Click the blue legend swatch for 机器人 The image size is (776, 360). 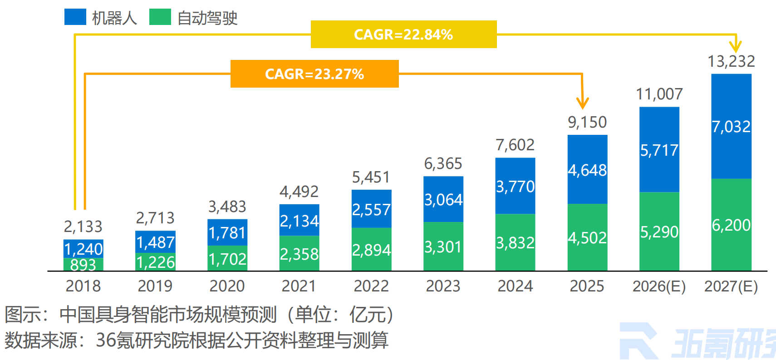[75, 17]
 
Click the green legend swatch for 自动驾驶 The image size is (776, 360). [160, 17]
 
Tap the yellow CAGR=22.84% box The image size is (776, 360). [403, 35]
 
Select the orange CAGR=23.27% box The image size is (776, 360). [314, 74]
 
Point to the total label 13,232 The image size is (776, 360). [731, 61]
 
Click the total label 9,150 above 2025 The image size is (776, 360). [587, 122]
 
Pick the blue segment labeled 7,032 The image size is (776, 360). [731, 126]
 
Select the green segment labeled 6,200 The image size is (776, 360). [731, 225]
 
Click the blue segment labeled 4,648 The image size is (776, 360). [587, 170]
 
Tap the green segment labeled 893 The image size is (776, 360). [83, 265]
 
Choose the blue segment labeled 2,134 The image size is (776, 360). [299, 221]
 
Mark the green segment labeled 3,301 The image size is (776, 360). [443, 247]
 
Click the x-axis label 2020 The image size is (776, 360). [227, 286]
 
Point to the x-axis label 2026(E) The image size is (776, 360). [659, 286]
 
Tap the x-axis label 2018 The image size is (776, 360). [83, 286]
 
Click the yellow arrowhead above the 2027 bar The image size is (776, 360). [735, 46]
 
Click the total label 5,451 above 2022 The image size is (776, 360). [371, 177]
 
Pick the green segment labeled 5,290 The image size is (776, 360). [659, 232]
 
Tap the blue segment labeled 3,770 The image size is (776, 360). [515, 187]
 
